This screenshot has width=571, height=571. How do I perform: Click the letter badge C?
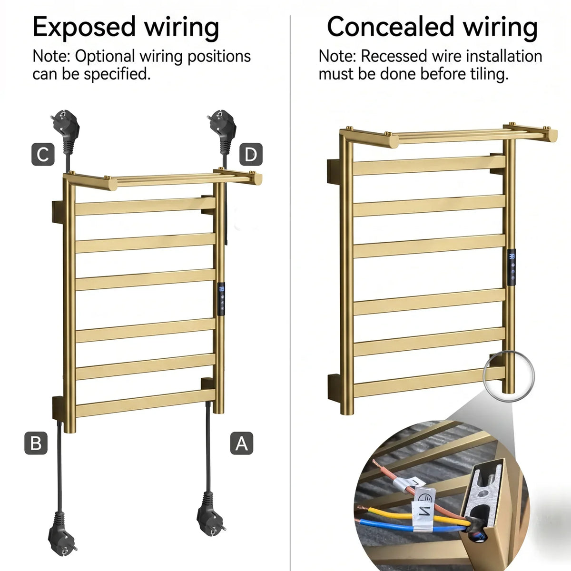click(x=43, y=154)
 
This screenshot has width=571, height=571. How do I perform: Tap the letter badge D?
click(x=251, y=154)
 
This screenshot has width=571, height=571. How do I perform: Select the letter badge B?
click(x=36, y=443)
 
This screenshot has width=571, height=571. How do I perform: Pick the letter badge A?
click(x=242, y=443)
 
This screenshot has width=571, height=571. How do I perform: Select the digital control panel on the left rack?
click(x=221, y=299)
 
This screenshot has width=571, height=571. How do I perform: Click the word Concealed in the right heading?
click(x=391, y=27)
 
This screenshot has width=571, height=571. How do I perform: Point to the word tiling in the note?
click(x=490, y=74)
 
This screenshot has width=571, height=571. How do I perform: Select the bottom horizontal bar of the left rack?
click(x=146, y=404)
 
